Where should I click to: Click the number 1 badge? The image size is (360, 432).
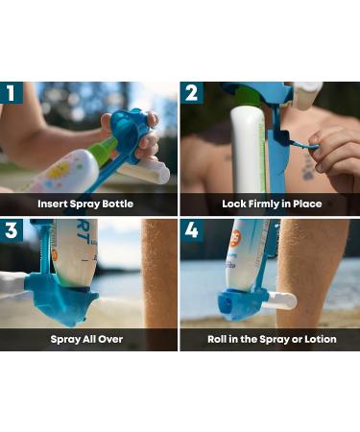point(12,94)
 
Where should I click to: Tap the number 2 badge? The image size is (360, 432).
point(191,94)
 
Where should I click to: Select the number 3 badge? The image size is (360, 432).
point(12,230)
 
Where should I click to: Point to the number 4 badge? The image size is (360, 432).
point(191,230)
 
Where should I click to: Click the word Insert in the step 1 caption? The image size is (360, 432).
point(55,204)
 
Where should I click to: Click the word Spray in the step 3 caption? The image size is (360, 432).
point(66,340)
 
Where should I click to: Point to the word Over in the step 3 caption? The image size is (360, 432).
point(116,340)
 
